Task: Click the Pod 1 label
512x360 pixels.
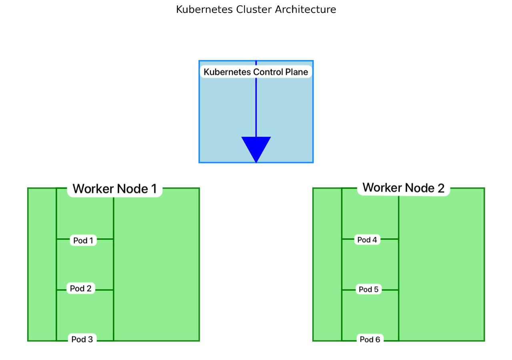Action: click(83, 240)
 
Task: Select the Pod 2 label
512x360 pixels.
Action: click(81, 288)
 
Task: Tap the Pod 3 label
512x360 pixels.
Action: click(82, 339)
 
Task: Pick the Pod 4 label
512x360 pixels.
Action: click(367, 240)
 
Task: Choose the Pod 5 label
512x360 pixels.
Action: click(368, 289)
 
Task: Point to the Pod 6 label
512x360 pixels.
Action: click(370, 339)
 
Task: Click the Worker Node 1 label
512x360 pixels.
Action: click(115, 189)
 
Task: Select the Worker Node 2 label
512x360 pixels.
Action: click(403, 188)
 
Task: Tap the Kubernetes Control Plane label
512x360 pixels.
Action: click(256, 72)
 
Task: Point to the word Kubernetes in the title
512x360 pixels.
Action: click(204, 10)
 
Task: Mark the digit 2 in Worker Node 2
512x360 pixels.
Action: click(441, 188)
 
